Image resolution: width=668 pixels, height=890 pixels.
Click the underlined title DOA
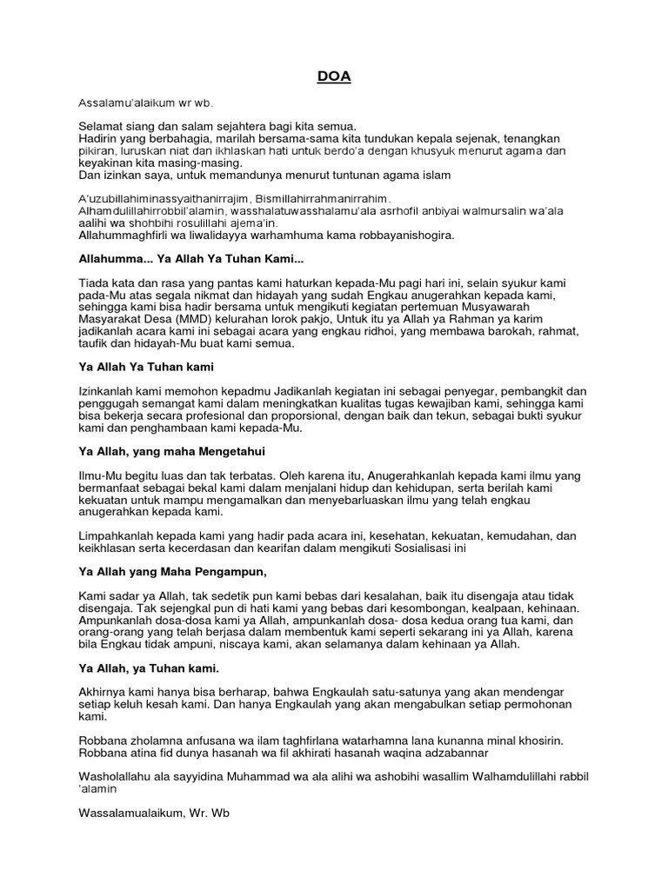tap(333, 76)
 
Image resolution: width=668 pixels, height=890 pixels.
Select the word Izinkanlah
tap(110, 392)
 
